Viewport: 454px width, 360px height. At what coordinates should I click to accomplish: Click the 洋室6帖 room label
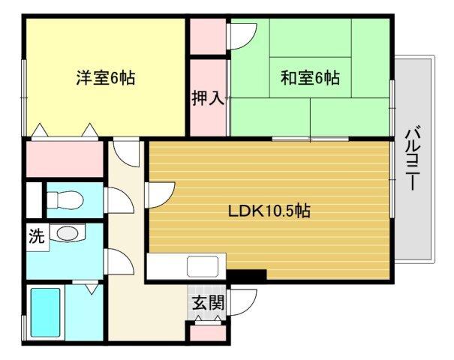coord(105,77)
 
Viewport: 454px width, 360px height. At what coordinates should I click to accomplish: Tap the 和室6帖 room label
coord(310,77)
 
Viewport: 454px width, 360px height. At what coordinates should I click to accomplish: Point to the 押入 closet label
coord(208,98)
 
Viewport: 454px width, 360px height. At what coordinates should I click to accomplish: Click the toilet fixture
coord(65,200)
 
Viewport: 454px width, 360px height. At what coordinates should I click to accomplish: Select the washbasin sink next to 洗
coord(68,234)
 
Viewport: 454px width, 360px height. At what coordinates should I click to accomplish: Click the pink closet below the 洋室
coord(64,159)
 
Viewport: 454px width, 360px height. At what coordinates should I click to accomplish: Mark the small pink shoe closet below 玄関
coord(206,332)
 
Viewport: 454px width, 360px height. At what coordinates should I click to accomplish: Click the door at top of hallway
coord(125,153)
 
